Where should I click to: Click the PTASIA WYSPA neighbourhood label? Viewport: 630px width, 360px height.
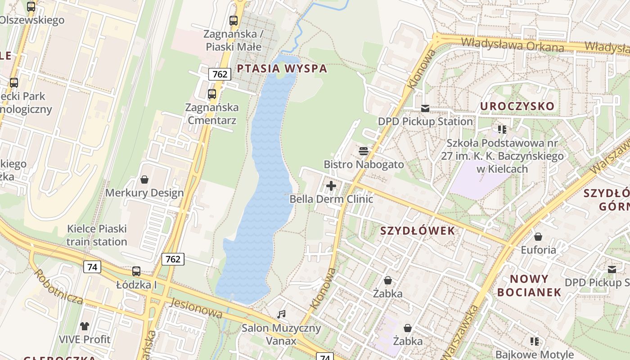point(282,69)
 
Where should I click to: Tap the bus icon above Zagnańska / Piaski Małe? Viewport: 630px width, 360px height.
point(233,20)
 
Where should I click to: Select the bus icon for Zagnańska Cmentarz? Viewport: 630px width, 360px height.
point(212,94)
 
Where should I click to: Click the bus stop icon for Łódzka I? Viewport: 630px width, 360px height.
point(136,271)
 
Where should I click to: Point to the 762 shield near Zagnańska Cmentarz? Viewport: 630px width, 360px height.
point(220,74)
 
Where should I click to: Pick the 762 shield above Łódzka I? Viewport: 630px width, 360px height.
point(173,259)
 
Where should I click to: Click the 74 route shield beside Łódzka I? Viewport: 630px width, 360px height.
point(92,267)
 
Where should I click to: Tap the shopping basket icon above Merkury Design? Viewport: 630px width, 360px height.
point(144,180)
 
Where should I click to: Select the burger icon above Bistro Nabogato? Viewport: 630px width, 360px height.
point(364,151)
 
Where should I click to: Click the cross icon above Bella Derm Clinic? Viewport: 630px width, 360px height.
point(331,186)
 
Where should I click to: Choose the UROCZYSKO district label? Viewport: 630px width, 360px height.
point(517,106)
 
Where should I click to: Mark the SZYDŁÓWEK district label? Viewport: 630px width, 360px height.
point(418,231)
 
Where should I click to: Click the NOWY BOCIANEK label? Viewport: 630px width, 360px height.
point(529,285)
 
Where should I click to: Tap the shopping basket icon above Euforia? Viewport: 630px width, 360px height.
point(538,237)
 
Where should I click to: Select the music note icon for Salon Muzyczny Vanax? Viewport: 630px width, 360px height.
point(282,314)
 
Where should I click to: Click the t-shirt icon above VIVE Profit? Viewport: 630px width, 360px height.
point(85,326)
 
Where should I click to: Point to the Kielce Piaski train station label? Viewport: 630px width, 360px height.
point(97,235)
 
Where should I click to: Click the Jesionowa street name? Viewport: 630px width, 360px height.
point(196,308)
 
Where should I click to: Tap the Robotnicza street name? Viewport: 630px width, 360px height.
point(58,287)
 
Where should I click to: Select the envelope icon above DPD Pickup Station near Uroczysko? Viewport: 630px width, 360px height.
point(425,108)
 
